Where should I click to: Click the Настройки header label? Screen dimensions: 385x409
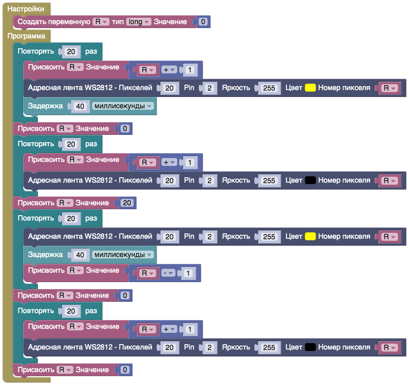tap(25, 9)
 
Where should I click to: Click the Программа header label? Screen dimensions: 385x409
tap(26, 36)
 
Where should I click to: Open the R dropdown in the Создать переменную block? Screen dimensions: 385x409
tap(101, 22)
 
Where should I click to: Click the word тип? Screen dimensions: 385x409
tap(118, 22)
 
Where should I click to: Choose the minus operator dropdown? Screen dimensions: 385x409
tap(169, 273)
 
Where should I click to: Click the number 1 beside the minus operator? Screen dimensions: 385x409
tap(188, 273)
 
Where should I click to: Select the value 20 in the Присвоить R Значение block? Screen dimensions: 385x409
tap(126, 203)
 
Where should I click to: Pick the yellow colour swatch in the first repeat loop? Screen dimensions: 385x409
tap(310, 88)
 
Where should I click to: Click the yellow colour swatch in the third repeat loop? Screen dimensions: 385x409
tap(310, 236)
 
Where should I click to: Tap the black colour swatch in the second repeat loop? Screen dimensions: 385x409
tap(310, 181)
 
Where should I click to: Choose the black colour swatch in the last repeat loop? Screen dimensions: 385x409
tap(310, 348)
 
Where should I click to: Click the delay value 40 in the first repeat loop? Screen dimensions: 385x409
tap(81, 106)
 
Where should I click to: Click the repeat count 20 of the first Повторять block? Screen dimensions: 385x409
tap(71, 51)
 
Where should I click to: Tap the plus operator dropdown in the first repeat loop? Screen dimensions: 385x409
tap(169, 70)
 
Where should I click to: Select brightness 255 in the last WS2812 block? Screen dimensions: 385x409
tap(269, 348)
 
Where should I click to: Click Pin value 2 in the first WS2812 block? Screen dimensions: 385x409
tap(209, 88)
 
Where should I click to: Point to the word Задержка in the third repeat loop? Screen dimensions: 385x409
tap(45, 255)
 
